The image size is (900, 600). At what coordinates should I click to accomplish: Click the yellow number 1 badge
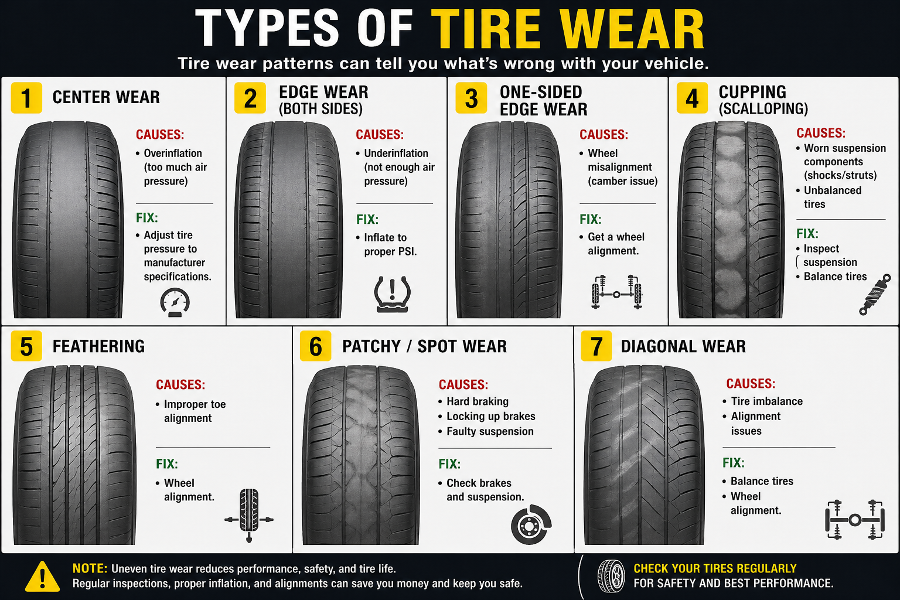pos(26,98)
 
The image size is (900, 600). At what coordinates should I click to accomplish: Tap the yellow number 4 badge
pos(692,98)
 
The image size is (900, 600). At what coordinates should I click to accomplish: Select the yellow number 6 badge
pos(315,346)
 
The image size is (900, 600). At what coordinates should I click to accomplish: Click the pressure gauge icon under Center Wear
pos(175,302)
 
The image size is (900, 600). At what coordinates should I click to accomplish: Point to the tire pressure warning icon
pos(392,294)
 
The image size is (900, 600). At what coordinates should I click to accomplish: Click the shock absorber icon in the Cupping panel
pos(874,295)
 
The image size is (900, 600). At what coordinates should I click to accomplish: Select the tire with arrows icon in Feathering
pos(249,515)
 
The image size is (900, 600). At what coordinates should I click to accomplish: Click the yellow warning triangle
pos(42,577)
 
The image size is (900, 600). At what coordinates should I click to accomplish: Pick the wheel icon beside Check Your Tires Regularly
pos(611,576)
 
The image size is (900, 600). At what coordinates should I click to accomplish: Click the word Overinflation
pos(173,153)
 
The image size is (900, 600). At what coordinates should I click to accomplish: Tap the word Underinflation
pos(396,153)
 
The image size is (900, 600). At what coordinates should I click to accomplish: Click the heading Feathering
pos(98,346)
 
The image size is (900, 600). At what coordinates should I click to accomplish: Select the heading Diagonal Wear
pos(683,346)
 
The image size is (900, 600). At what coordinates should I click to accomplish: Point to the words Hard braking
pos(478,401)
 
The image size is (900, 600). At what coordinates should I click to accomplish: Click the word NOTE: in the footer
pos(90,568)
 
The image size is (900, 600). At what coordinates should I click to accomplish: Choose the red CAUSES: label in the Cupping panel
pos(821,133)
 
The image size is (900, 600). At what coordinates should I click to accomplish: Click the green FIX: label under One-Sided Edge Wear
pos(591,219)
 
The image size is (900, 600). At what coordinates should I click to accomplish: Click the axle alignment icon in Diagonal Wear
pos(855,519)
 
